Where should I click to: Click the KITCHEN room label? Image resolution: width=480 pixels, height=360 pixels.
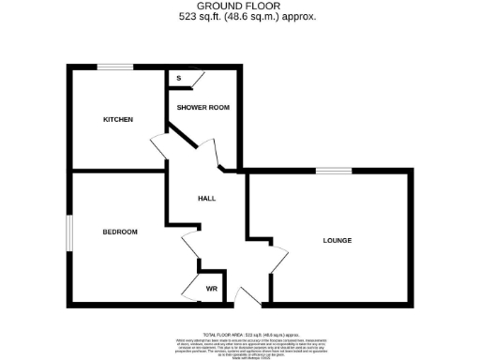(x=118, y=119)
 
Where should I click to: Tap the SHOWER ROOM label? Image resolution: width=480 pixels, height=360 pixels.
(x=204, y=107)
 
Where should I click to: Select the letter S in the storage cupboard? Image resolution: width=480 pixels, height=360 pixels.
(x=178, y=79)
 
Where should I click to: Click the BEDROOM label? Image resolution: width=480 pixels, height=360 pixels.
(x=120, y=232)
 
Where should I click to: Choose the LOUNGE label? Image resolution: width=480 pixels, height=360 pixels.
(x=337, y=241)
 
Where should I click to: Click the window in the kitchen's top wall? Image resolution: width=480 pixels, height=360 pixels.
(x=116, y=66)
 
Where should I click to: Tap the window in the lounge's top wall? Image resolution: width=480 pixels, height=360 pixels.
(x=334, y=171)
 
